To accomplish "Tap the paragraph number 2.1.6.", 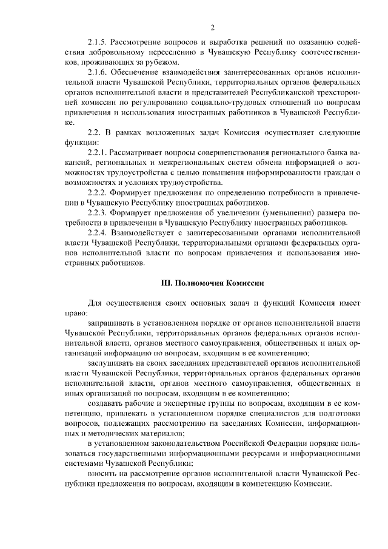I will pos(99,72).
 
